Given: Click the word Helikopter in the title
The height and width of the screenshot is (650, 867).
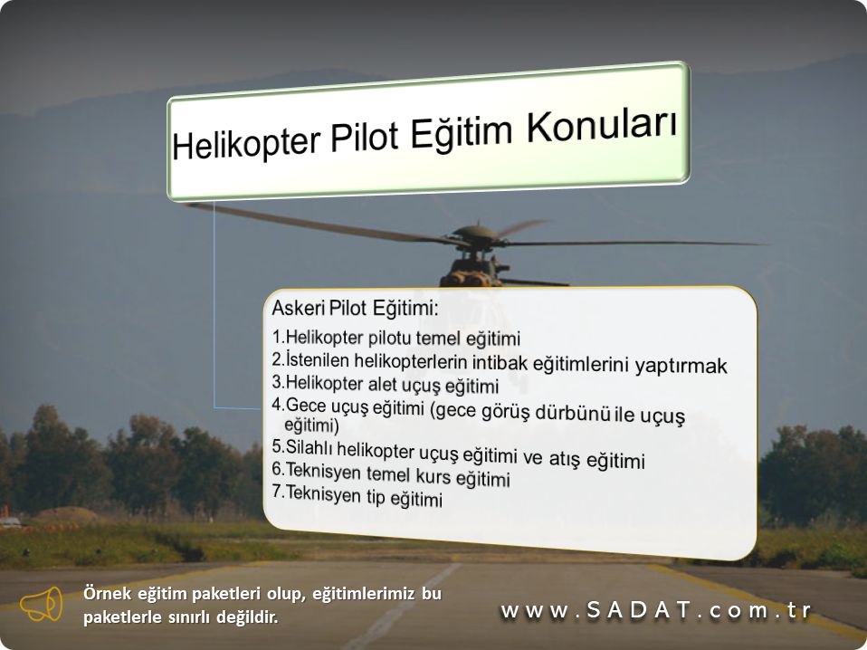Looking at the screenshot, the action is [x=246, y=142].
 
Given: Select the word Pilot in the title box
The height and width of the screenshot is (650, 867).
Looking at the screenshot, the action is [x=365, y=136].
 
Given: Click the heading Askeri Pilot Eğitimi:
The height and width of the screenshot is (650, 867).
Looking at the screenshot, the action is [x=355, y=308].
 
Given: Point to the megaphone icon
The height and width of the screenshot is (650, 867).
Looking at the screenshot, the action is [x=42, y=604].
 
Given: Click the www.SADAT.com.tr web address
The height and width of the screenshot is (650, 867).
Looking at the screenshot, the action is [x=656, y=610].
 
